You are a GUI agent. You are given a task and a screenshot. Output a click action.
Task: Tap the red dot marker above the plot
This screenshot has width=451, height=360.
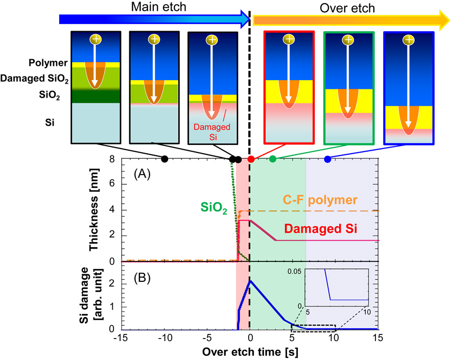pos(251,159)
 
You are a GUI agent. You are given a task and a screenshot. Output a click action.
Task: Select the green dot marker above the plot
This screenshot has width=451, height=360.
pos(273,159)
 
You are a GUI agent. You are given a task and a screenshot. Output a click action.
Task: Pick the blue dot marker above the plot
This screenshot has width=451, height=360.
pos(327,159)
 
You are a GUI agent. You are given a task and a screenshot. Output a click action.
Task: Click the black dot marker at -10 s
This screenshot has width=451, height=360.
pos(164,159)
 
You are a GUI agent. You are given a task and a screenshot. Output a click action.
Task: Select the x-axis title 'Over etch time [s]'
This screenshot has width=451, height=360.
pos(250,352)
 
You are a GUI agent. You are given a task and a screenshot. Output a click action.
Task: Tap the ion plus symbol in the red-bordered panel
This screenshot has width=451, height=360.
pos(289,39)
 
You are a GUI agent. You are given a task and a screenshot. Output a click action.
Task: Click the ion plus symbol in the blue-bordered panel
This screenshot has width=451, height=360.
pos(408,39)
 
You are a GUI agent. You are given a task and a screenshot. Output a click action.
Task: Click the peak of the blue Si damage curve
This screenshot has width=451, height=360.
pos(249,280)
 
